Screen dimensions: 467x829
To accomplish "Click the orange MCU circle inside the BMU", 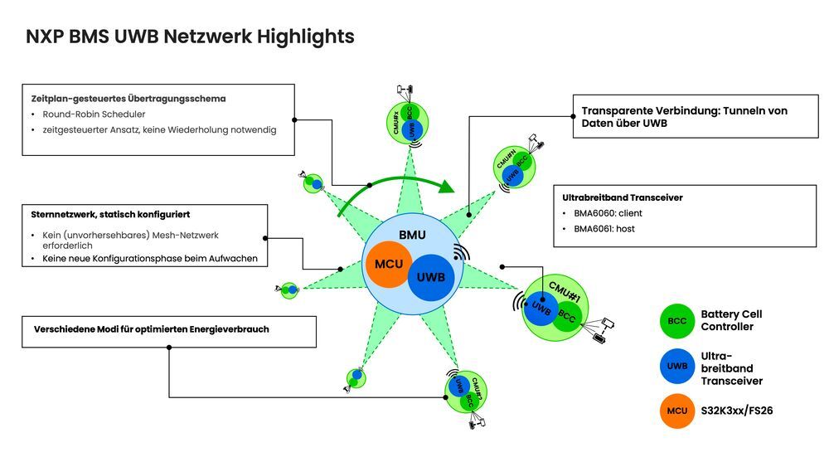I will [x=389, y=265].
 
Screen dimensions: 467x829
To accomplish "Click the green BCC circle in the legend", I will [x=677, y=321].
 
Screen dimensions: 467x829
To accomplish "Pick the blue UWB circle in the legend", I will [x=677, y=366].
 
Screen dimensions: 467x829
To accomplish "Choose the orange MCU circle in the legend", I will [x=677, y=411].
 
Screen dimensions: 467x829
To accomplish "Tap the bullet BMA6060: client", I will [x=608, y=213].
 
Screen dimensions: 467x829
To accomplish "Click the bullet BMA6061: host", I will [x=604, y=228].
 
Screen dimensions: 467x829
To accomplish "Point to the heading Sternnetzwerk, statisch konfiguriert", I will [x=110, y=215].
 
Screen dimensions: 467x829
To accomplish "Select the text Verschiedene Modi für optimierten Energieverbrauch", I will [x=152, y=329].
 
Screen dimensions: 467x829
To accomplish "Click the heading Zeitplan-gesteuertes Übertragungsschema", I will [x=128, y=99].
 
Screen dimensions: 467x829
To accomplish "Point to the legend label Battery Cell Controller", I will [x=731, y=320].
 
